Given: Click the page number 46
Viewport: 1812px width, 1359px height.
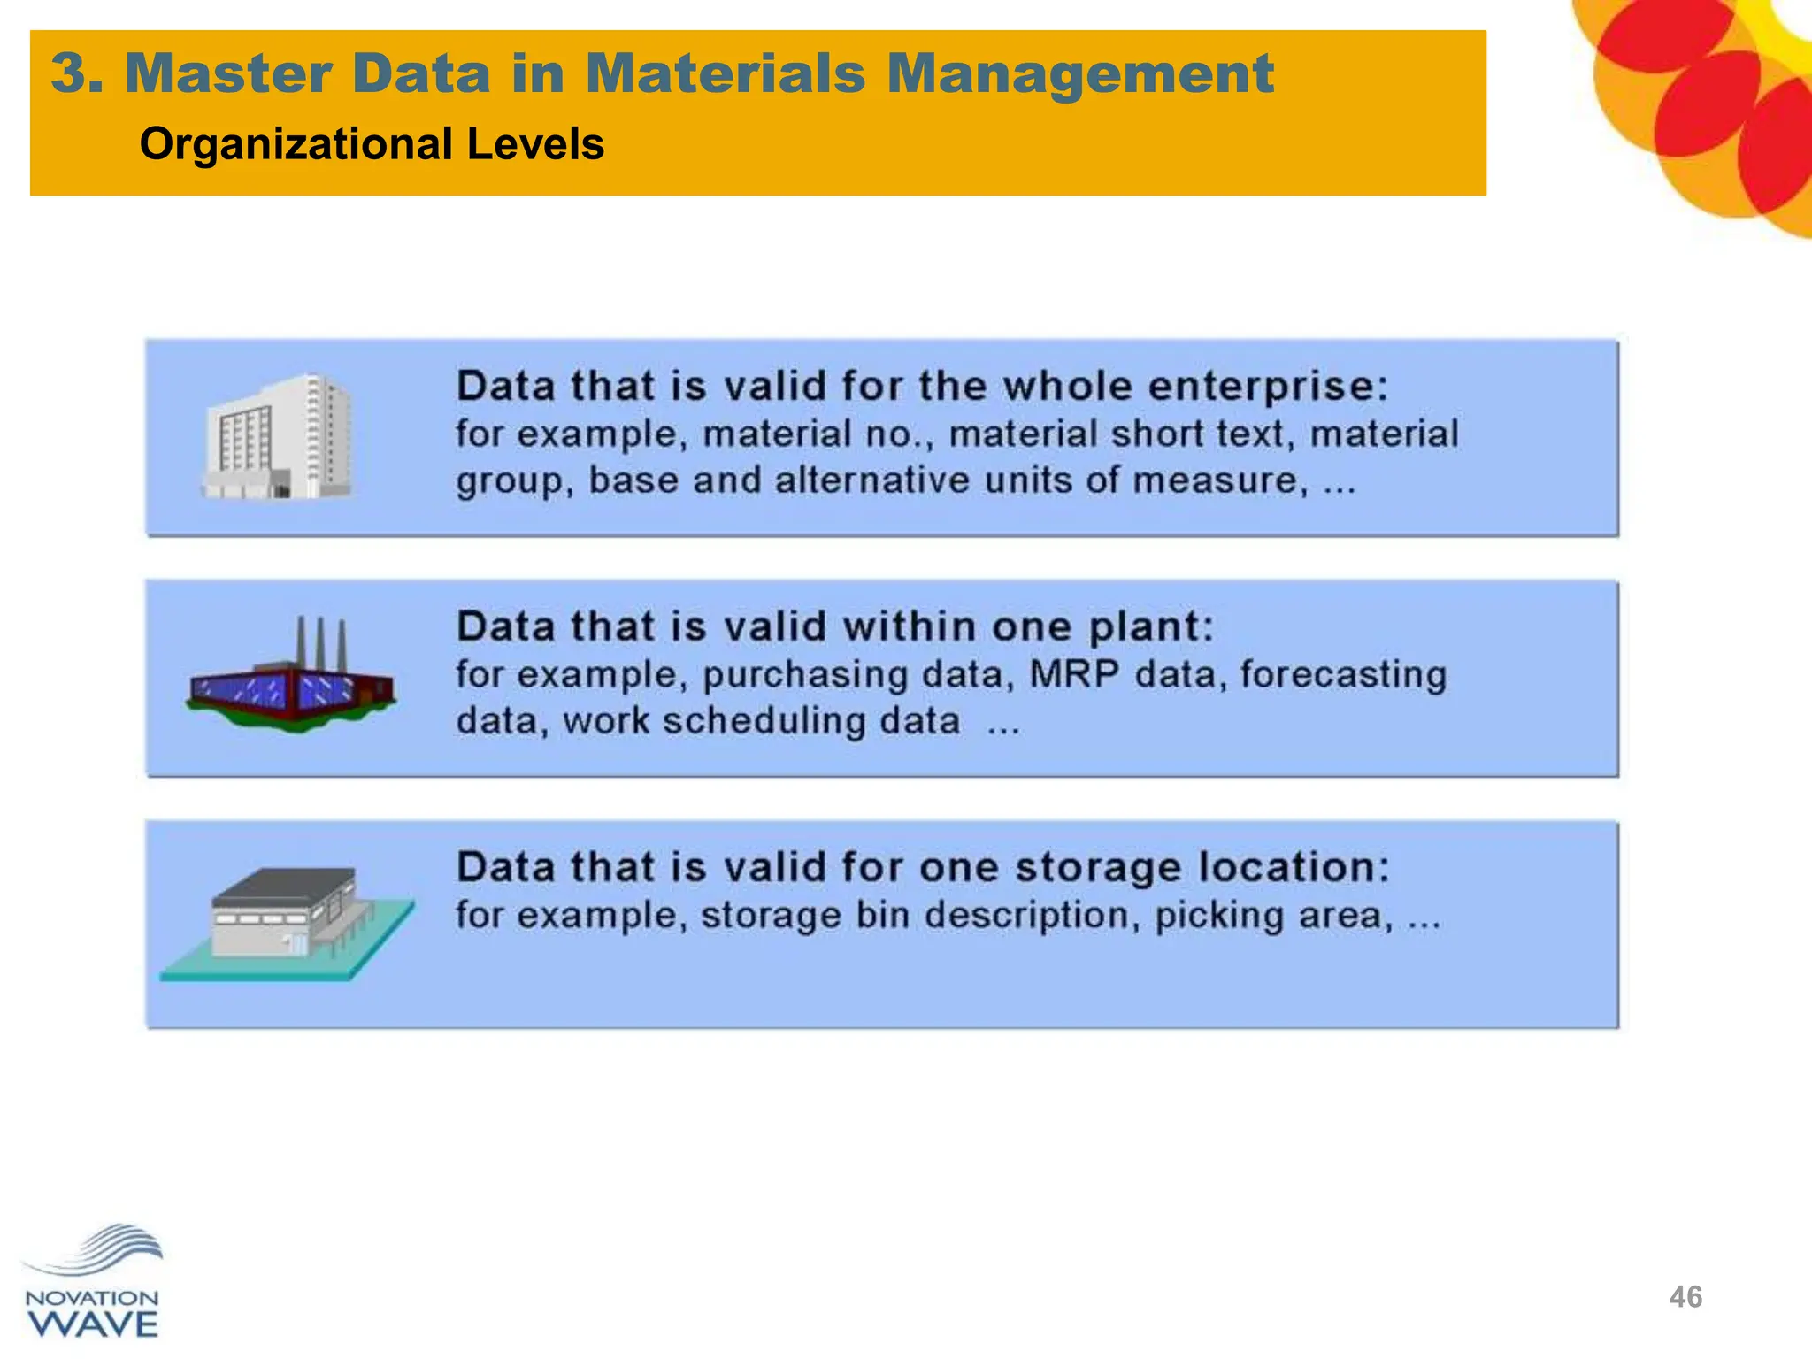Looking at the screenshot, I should [1685, 1297].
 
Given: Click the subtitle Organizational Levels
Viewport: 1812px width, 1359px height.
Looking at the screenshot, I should [372, 144].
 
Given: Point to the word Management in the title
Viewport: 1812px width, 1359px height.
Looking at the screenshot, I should [1079, 73].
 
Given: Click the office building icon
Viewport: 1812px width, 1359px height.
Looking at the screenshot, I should [277, 436].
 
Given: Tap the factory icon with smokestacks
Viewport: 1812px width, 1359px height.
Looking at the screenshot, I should [292, 677].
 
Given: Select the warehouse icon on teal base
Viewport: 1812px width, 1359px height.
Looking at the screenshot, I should [288, 922].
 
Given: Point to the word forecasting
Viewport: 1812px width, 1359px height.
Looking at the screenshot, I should [1343, 674].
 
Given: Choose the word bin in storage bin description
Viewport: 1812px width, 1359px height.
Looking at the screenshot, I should [884, 915].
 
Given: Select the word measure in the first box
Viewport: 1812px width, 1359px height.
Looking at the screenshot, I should [1219, 480].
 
